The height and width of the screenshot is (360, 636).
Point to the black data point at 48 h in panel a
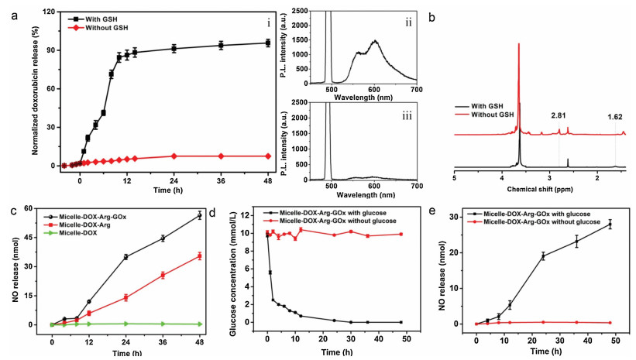pos(267,43)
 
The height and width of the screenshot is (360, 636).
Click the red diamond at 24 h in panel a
pos(174,156)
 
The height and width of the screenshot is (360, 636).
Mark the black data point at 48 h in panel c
pos(199,215)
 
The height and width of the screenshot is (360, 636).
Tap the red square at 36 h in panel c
pos(163,275)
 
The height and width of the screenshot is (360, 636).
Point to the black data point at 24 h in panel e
pos(543,256)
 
